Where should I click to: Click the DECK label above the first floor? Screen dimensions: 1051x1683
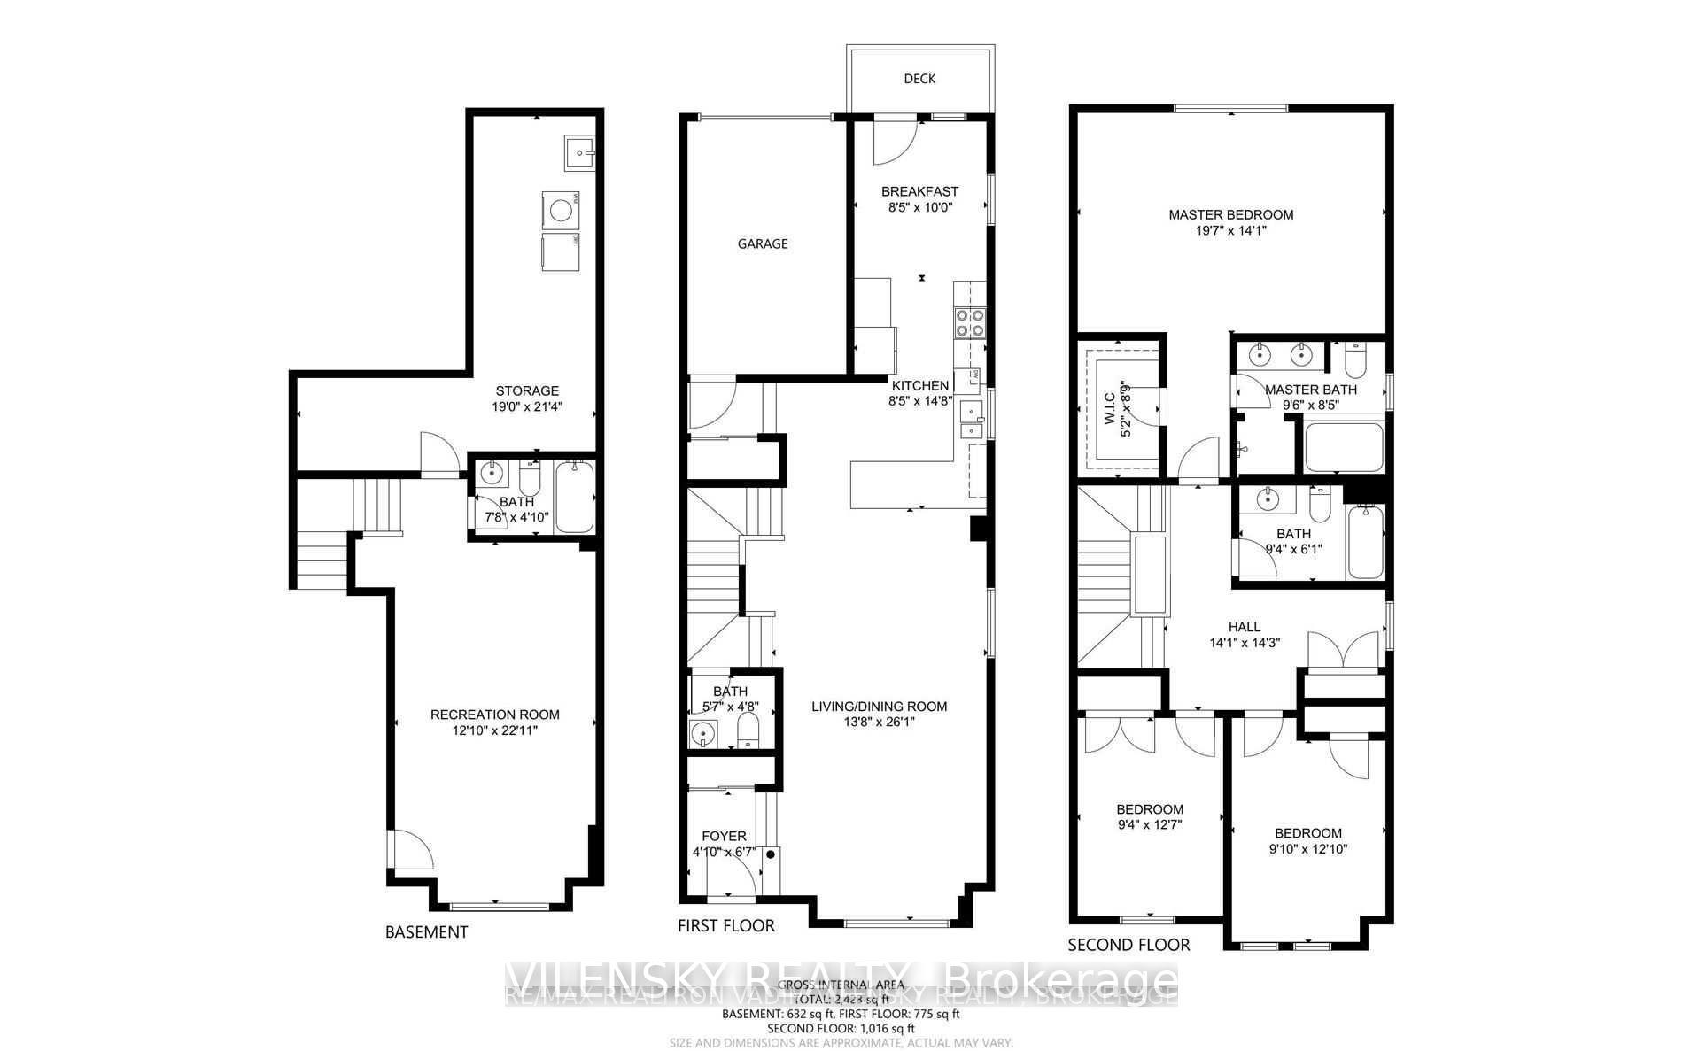(x=919, y=79)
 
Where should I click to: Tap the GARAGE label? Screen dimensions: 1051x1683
(x=762, y=243)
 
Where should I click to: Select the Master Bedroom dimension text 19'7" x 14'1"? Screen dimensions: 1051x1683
(x=1230, y=231)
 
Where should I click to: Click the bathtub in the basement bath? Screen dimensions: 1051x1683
(x=575, y=497)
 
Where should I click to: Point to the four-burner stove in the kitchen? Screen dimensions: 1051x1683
(x=969, y=322)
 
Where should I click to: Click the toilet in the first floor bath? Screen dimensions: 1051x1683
(x=749, y=731)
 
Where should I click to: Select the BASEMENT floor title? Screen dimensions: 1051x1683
(x=426, y=931)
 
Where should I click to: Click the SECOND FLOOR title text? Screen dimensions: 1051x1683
(x=1128, y=945)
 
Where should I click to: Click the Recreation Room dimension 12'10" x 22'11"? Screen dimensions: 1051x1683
(x=494, y=730)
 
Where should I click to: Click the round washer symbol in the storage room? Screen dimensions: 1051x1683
(x=560, y=210)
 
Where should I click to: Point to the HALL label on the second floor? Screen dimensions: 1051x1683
(x=1244, y=627)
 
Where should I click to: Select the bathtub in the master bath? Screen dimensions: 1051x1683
(x=1343, y=447)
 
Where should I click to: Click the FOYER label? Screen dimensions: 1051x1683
(x=724, y=836)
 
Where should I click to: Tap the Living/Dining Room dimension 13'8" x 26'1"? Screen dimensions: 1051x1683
(x=879, y=722)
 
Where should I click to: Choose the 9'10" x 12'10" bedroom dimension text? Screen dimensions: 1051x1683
(x=1307, y=848)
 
